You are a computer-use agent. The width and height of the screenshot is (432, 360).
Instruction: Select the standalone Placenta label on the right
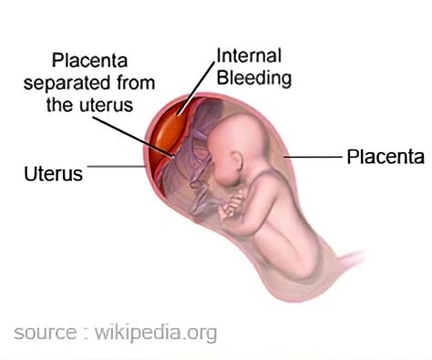(385, 157)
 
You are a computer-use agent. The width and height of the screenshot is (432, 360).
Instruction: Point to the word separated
(79, 83)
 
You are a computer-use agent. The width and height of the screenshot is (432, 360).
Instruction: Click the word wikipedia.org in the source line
(155, 332)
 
